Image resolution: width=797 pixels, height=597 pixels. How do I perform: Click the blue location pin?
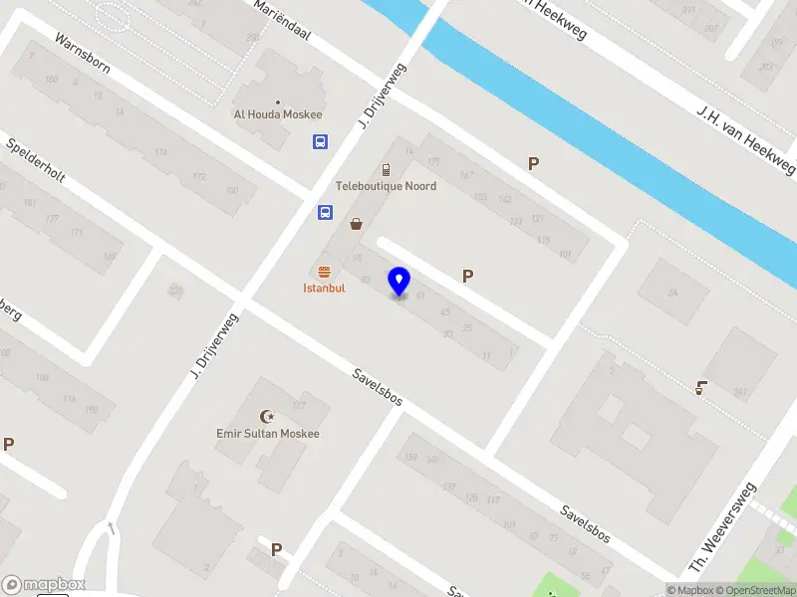(x=399, y=282)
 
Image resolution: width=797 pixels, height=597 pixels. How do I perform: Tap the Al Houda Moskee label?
(x=278, y=114)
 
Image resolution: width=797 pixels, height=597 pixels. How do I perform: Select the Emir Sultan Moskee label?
(x=268, y=434)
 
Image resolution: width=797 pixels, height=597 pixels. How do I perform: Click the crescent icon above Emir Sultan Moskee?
(x=266, y=417)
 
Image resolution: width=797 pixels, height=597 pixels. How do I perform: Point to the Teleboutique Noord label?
(x=386, y=186)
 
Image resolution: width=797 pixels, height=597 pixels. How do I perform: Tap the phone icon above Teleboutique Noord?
(x=386, y=170)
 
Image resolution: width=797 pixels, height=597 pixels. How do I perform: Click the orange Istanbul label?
(x=324, y=288)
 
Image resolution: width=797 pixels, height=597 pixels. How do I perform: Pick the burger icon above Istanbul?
(x=324, y=272)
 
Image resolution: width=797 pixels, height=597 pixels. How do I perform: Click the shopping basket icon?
(x=356, y=224)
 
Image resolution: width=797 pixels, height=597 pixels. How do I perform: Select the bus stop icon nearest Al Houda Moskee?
(x=320, y=142)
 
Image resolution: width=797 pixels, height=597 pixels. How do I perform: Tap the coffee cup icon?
(x=701, y=387)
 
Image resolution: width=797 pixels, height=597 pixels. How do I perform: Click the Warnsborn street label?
(x=83, y=59)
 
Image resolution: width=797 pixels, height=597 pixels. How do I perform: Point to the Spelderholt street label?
(x=36, y=160)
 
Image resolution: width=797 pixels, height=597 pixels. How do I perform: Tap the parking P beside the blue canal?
(x=533, y=164)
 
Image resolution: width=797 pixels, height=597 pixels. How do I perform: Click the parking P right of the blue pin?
(x=467, y=277)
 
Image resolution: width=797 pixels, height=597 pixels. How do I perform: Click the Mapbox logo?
(x=44, y=585)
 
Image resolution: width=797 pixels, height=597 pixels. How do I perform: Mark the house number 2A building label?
(x=672, y=292)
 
